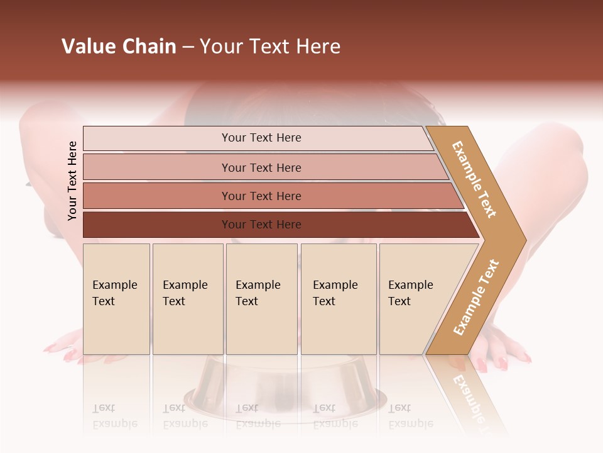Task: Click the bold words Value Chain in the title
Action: (119, 47)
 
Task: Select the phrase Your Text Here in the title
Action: (270, 47)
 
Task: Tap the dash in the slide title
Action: (188, 47)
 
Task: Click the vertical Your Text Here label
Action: (73, 181)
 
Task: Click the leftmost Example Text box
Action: (116, 298)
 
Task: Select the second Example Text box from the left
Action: (188, 298)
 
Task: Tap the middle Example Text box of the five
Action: (261, 298)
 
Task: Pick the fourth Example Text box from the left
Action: (339, 298)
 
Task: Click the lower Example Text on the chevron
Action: (476, 297)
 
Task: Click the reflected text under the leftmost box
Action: (115, 416)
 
